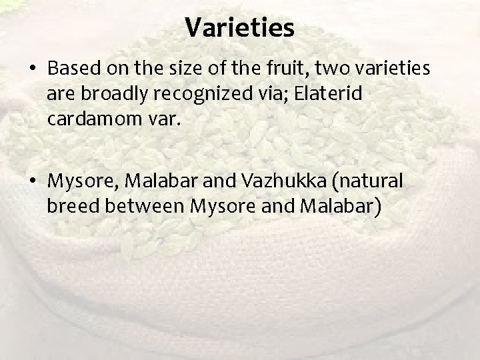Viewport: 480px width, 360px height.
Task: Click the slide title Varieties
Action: click(239, 27)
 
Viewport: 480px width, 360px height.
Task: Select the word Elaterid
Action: click(330, 93)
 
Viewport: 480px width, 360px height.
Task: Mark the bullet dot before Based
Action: click(32, 69)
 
